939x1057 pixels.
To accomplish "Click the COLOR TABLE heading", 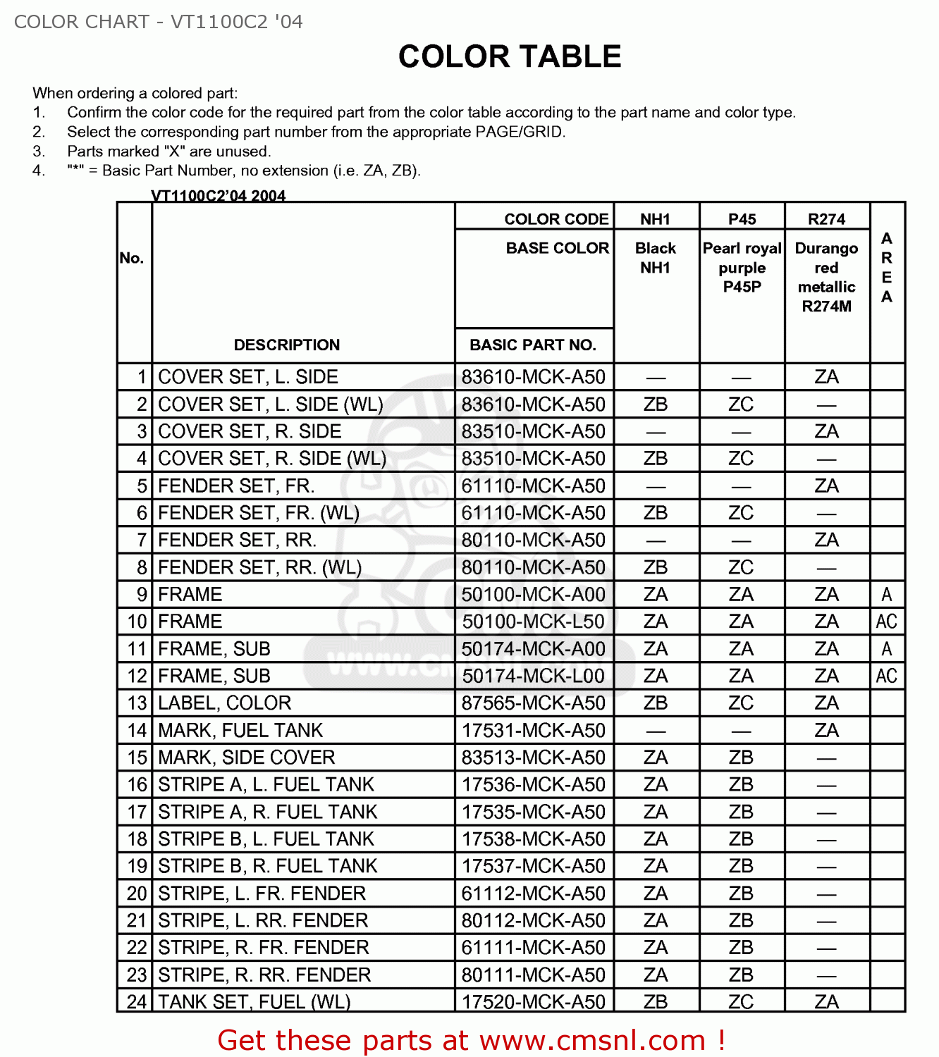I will [x=509, y=56].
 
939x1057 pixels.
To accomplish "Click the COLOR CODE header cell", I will [x=556, y=219].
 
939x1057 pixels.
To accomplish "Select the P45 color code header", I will [x=742, y=219].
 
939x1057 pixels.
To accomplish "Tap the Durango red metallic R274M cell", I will [x=826, y=277].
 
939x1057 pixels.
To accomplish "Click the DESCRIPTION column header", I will [x=286, y=345].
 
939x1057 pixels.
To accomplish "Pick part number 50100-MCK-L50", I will [x=533, y=622].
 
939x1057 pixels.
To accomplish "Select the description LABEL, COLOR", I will [x=224, y=703].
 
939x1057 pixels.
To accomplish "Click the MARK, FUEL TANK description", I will [x=240, y=730].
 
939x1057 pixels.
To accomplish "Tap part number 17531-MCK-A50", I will [x=533, y=730].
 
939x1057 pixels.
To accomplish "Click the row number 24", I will [x=137, y=1001].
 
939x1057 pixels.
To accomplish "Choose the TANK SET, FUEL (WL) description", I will [x=254, y=1001].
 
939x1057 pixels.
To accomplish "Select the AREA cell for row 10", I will [x=886, y=622].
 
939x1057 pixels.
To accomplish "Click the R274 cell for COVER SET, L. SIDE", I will [x=826, y=377].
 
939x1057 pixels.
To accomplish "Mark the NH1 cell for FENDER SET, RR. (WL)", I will [x=656, y=567].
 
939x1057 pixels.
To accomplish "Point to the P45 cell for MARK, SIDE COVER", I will [x=741, y=758].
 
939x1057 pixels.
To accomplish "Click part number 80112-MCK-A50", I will [x=533, y=920].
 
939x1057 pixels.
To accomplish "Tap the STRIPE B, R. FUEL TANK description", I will [x=267, y=866].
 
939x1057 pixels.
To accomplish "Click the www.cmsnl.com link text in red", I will [x=592, y=1040].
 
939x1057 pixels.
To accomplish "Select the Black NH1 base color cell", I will [x=656, y=258].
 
